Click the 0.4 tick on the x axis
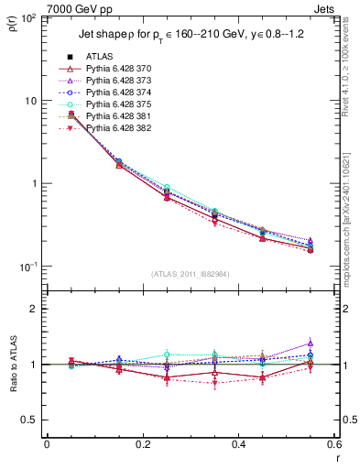click(x=238, y=445)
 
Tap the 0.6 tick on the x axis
click(x=333, y=445)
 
